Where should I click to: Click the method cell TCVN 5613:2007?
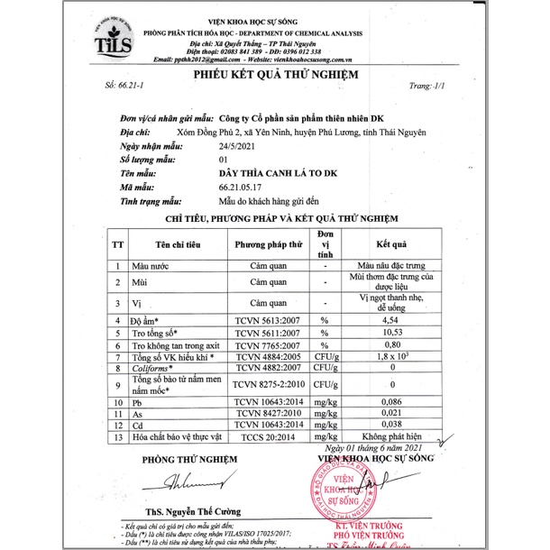[x=267, y=320]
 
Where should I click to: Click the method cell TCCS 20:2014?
[x=267, y=436]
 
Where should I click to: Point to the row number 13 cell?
[x=117, y=436]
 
